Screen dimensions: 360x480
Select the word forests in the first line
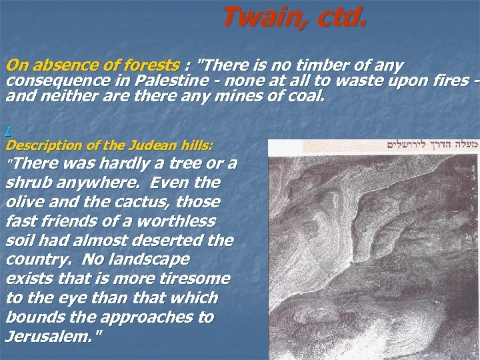click(154, 65)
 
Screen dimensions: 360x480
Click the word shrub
click(26, 183)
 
